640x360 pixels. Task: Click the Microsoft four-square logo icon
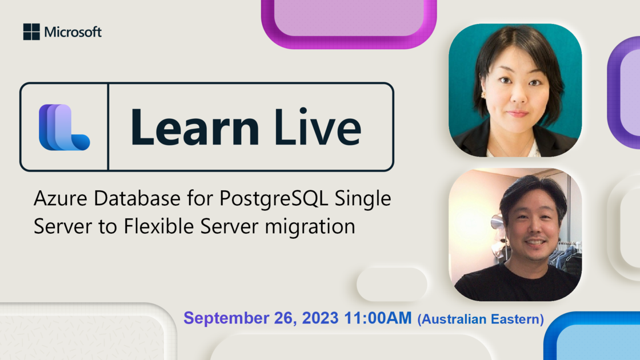coord(31,32)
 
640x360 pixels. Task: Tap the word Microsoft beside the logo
coord(73,32)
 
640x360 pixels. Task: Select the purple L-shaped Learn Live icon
coord(64,127)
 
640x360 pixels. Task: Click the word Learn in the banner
coord(195,127)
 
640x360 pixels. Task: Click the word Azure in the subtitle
coord(61,198)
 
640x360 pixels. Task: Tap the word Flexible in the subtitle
coord(159,226)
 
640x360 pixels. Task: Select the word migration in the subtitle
coord(310,226)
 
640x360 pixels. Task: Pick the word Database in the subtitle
coord(137,198)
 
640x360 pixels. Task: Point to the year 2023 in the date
coord(321,318)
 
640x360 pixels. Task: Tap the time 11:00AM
coord(378,318)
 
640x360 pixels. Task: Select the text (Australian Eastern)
coord(481,319)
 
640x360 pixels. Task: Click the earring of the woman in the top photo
coord(482,95)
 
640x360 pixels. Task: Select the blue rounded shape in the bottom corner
coord(592,336)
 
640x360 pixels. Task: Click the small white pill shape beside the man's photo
coord(392,285)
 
